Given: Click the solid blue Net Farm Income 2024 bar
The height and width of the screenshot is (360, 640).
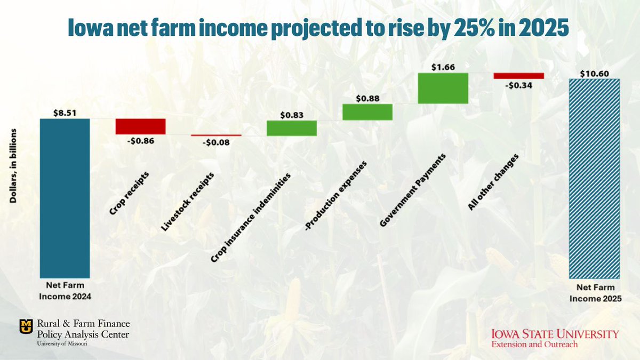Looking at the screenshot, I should [65, 198].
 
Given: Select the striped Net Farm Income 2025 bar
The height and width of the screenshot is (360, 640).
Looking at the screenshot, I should [595, 179].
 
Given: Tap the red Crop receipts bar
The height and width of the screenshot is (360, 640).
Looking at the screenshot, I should [141, 126].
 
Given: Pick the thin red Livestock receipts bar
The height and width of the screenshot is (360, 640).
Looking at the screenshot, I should [216, 135].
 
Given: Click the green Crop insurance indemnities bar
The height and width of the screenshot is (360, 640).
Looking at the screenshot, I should [292, 128].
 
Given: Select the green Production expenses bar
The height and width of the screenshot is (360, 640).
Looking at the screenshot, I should [367, 112].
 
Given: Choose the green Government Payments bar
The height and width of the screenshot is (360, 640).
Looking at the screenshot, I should [443, 88].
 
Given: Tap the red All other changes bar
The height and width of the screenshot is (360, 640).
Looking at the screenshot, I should [518, 76].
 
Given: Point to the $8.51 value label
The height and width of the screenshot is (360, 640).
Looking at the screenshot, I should [65, 113].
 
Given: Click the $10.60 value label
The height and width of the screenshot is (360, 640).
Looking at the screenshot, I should [595, 73].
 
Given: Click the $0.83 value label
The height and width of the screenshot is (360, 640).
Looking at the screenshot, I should [292, 114].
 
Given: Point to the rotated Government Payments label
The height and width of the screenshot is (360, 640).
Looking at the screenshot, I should [413, 190].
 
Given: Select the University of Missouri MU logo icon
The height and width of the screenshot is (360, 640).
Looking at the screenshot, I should [25, 325].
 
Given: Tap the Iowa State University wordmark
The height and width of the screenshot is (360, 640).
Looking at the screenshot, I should [555, 334].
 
